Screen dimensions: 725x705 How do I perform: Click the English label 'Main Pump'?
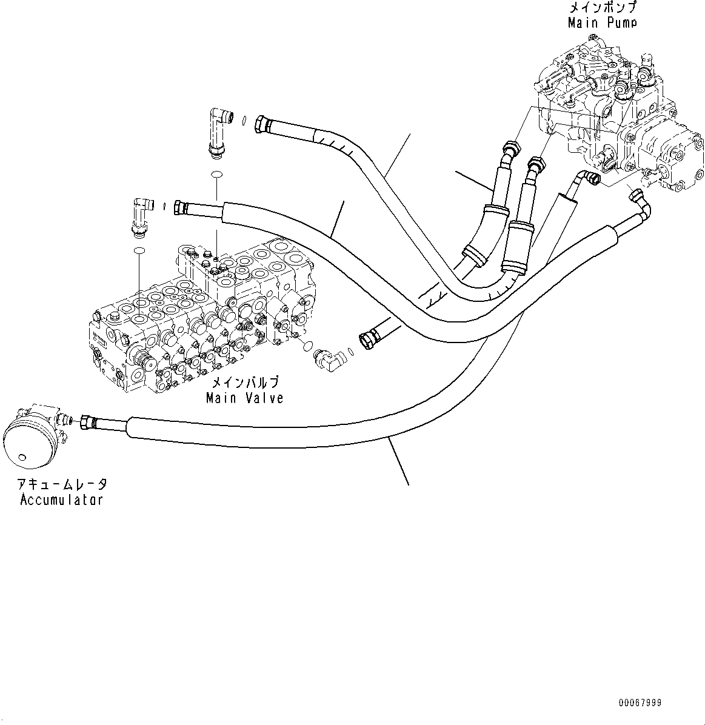click(602, 23)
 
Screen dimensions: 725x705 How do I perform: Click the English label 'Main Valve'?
click(244, 398)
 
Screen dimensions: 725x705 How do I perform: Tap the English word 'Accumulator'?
click(61, 499)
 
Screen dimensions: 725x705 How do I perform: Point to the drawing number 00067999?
click(640, 703)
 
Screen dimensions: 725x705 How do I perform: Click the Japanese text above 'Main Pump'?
click(602, 8)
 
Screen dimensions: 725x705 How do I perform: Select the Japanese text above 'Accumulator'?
click(62, 484)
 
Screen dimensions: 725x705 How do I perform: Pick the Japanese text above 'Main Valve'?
click(245, 383)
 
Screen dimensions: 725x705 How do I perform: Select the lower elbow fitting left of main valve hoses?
click(140, 216)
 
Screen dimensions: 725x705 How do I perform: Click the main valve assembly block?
click(200, 315)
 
